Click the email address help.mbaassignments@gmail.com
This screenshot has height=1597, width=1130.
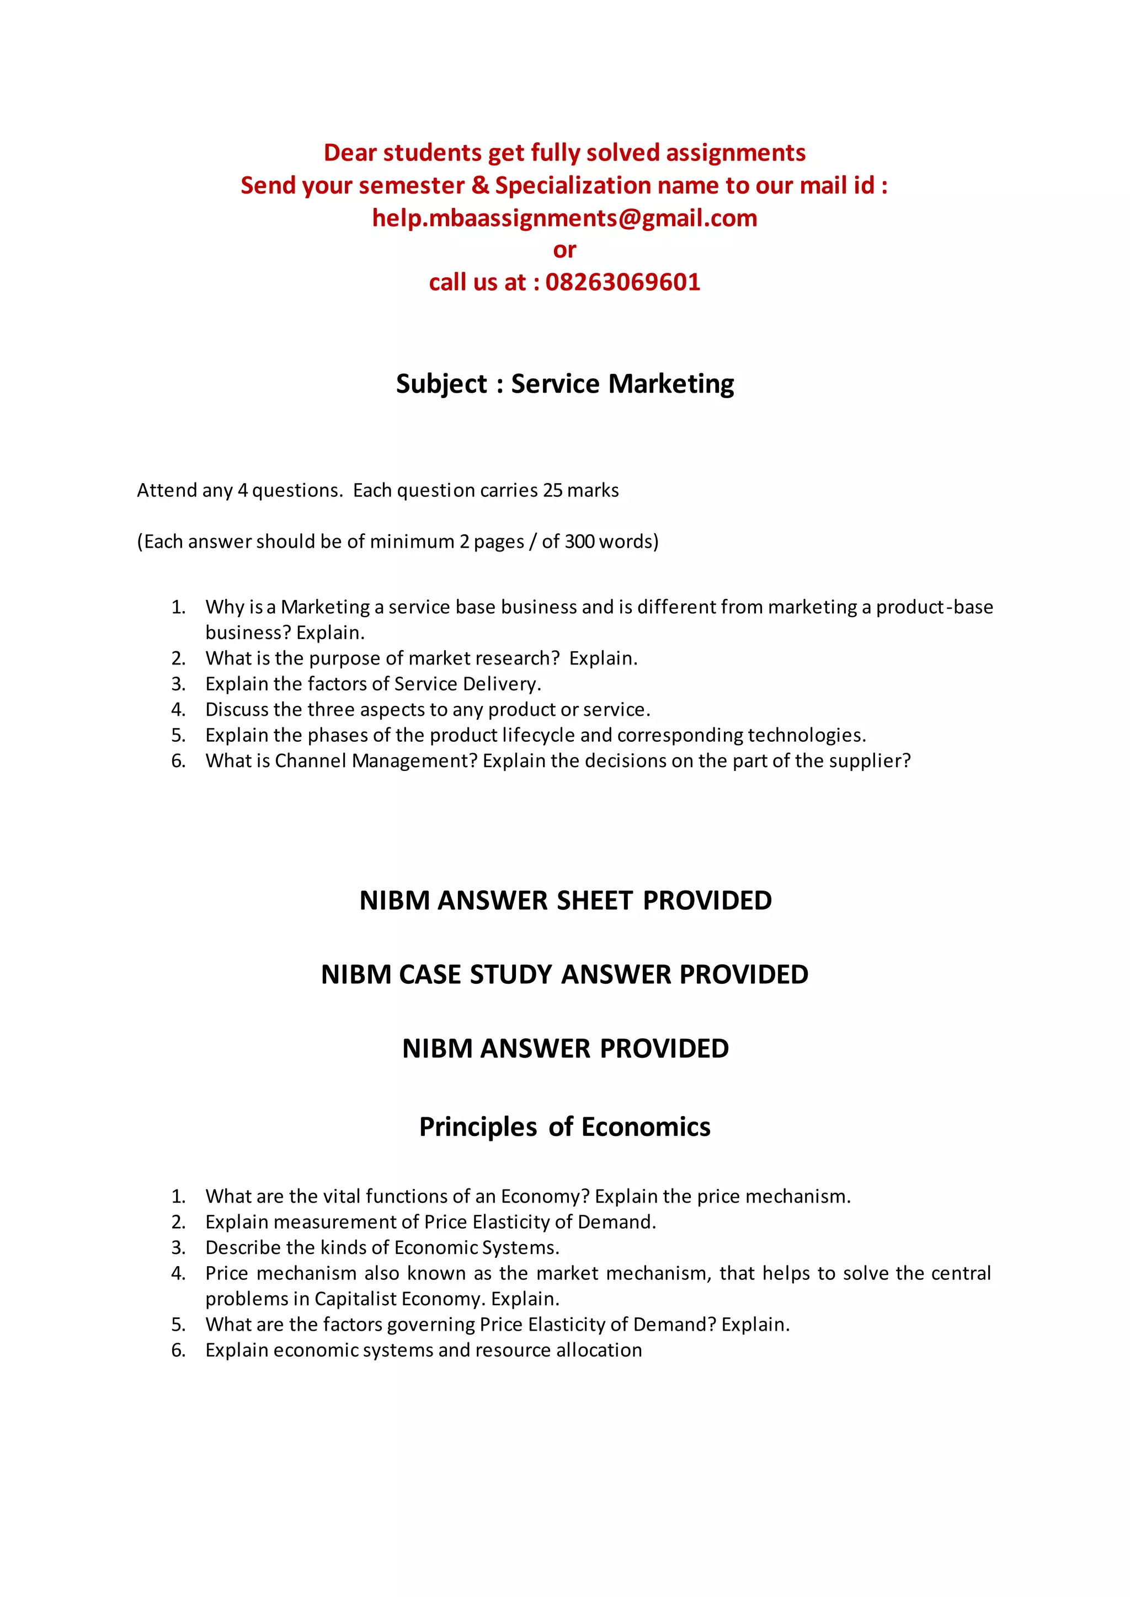pos(564,218)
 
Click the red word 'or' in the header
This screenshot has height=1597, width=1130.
pos(564,250)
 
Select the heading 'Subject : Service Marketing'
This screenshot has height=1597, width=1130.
pos(564,384)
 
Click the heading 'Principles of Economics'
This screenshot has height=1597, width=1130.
pos(564,1127)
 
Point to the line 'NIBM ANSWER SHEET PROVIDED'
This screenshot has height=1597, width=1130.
pos(565,901)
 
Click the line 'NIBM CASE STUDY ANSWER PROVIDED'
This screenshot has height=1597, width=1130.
pos(564,974)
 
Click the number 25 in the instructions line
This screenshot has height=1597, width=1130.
pos(552,490)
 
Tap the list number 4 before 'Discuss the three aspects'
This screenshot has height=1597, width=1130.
pos(178,710)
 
